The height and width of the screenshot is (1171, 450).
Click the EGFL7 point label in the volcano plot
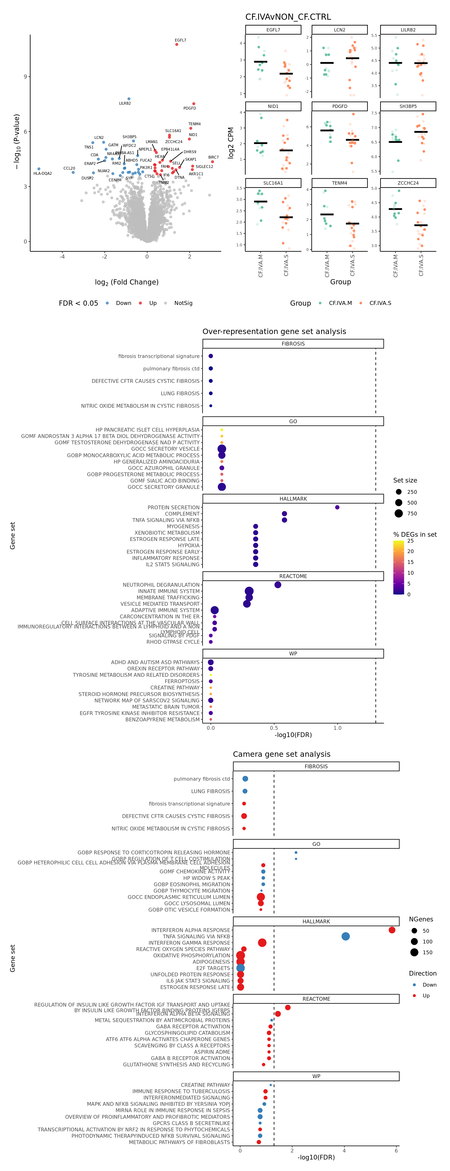180,40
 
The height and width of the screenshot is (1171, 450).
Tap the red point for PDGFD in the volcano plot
194,104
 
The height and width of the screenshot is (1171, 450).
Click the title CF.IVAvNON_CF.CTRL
288,17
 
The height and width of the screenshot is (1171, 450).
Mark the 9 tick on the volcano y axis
25,76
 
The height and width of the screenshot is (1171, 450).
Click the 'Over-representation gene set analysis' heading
274,331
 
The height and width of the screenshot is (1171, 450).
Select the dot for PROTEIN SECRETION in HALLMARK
337,507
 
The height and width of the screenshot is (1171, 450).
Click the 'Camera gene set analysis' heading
281,754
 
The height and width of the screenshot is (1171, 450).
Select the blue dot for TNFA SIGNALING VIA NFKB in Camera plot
345,936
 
